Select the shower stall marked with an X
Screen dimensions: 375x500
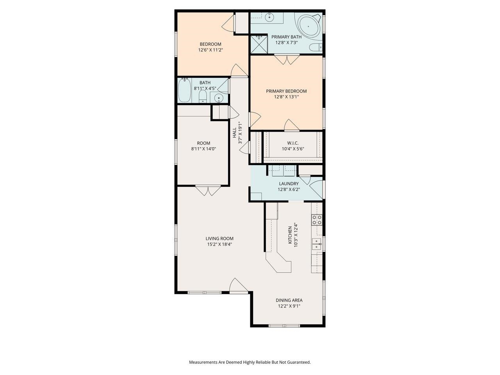(x=258, y=43)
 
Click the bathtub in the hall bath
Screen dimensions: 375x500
(x=184, y=91)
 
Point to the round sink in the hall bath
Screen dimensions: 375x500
(x=220, y=98)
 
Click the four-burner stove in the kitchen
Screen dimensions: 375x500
(x=317, y=220)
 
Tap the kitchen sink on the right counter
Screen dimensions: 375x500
(x=316, y=244)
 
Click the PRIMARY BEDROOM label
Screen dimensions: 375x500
(x=286, y=91)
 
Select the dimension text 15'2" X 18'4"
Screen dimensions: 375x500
(x=220, y=245)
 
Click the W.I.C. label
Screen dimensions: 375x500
(x=293, y=143)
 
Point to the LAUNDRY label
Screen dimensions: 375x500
(x=289, y=184)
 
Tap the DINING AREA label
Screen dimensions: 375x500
(x=289, y=300)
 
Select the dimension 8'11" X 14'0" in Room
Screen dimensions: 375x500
(x=204, y=149)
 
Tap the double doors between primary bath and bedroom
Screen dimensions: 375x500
(x=287, y=60)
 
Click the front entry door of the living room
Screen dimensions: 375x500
(x=238, y=286)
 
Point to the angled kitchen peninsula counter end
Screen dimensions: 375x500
(x=282, y=266)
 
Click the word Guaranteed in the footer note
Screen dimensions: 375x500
(x=298, y=362)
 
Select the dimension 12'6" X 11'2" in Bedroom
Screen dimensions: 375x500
(x=211, y=50)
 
